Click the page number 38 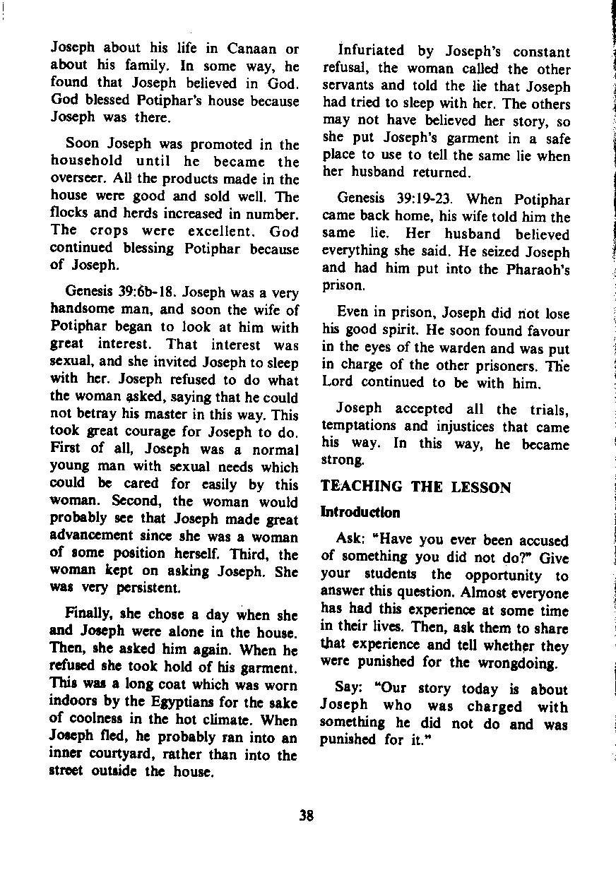tap(306, 816)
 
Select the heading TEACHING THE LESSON tap(415, 488)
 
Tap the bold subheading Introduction tap(360, 512)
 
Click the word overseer tap(76, 179)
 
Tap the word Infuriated tap(371, 52)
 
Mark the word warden tap(491, 348)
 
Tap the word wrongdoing tap(519, 662)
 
